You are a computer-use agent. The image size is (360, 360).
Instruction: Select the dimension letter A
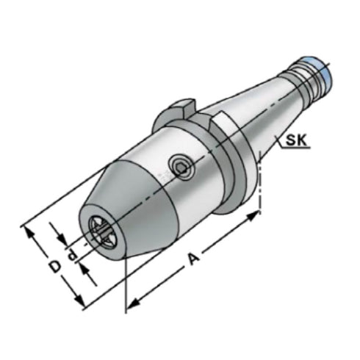pos(193,259)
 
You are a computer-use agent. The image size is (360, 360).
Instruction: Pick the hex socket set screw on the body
pos(179,167)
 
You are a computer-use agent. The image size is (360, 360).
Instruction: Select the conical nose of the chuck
pos(110,213)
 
